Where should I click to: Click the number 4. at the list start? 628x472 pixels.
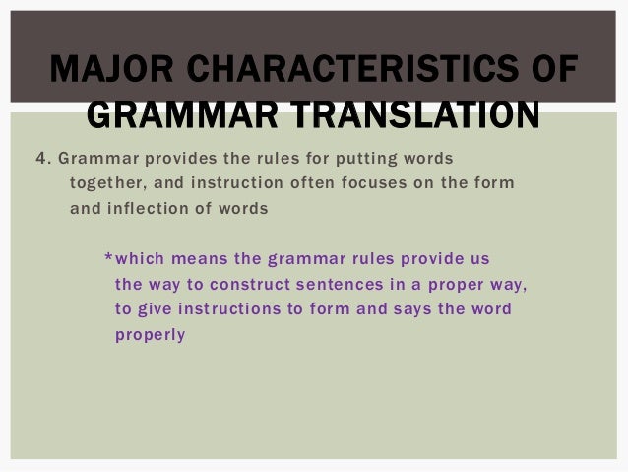click(x=42, y=158)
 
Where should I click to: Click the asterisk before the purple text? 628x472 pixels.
click(x=108, y=259)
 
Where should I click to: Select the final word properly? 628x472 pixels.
click(x=150, y=335)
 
